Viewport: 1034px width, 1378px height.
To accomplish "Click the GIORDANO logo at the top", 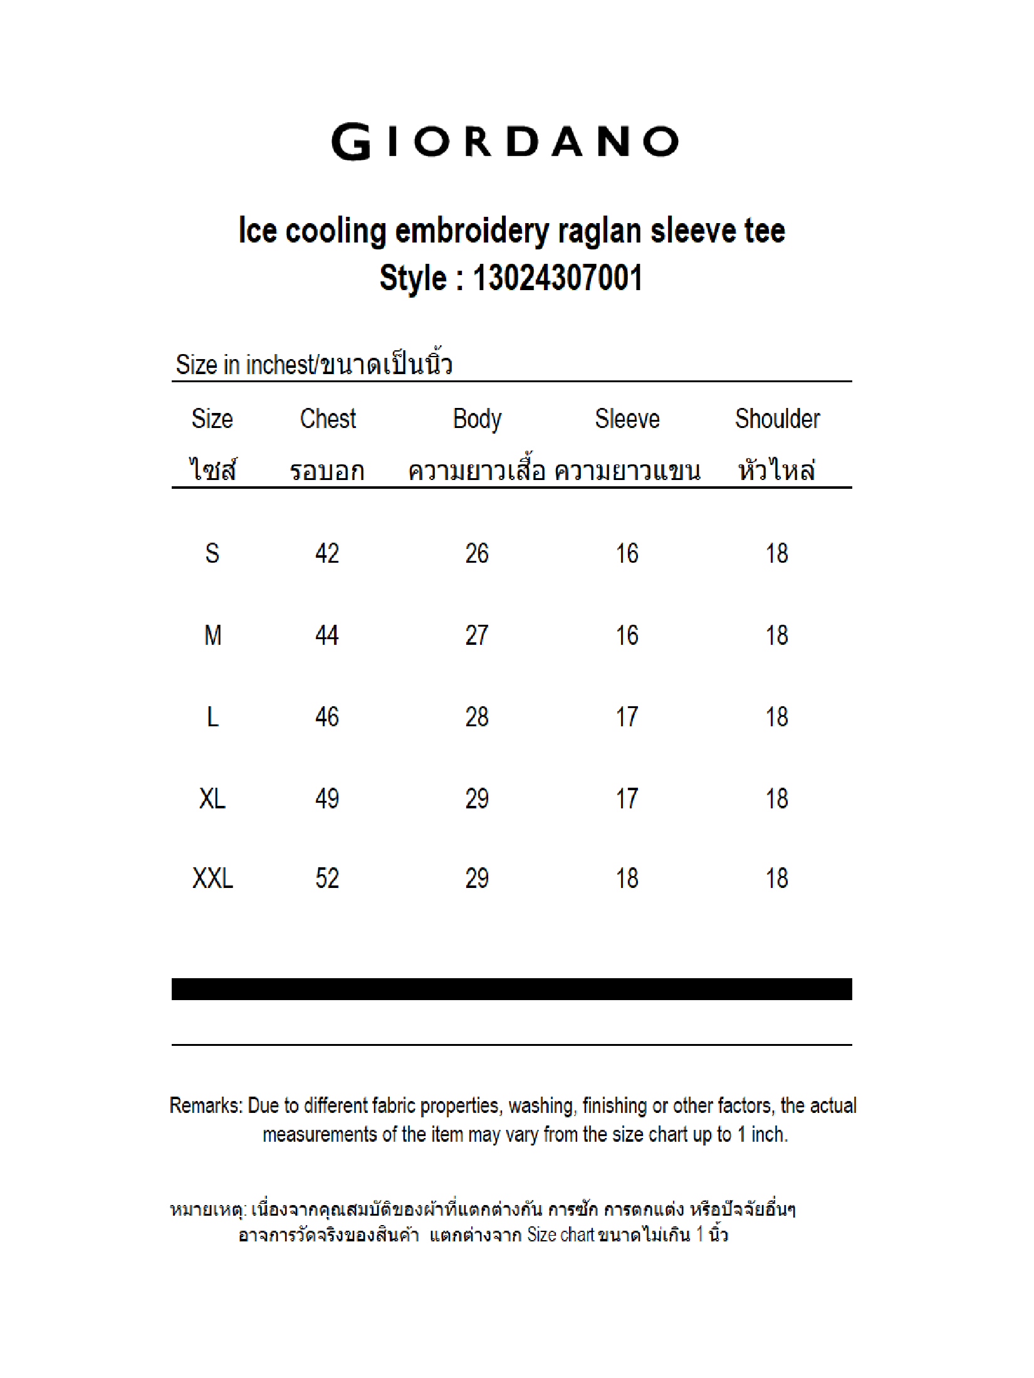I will [505, 142].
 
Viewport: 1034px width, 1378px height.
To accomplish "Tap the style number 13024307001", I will [558, 278].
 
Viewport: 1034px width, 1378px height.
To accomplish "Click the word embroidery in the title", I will [472, 231].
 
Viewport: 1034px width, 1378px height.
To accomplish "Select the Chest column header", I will [328, 419].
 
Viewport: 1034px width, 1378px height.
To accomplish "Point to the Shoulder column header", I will [777, 419].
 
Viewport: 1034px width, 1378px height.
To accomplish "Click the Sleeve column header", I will [627, 419].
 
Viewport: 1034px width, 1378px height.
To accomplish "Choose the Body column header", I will [477, 419].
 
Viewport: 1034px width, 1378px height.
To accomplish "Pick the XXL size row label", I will [212, 879].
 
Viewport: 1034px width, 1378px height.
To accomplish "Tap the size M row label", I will [212, 635].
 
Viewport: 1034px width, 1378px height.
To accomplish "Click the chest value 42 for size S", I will [327, 553].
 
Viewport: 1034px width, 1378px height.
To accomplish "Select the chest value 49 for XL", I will [327, 798].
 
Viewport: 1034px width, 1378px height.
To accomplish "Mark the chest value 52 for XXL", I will [327, 879].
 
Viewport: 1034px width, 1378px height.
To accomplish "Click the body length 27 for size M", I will [477, 635].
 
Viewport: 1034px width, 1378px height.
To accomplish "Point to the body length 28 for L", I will [477, 717].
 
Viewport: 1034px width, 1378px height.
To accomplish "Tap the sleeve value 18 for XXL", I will [627, 879].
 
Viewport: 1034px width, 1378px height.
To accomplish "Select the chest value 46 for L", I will [327, 717].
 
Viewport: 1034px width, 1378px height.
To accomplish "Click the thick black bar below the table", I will [511, 989].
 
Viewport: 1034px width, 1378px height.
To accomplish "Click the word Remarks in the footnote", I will [206, 1106].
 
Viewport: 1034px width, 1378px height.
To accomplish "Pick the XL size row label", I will [212, 798].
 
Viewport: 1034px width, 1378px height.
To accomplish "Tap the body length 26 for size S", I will [477, 553].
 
